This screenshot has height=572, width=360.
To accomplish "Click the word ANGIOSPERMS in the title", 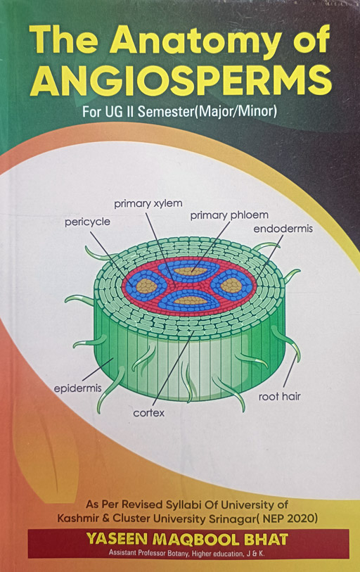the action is (x=181, y=81).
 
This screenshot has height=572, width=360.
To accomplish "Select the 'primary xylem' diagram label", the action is (x=148, y=203).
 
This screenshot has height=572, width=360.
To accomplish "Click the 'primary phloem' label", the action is (x=229, y=215).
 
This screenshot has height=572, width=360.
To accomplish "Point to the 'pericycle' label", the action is (x=87, y=222).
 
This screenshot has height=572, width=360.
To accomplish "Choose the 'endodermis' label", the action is (x=283, y=229).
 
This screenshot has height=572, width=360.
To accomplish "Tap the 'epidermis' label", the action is (x=77, y=388).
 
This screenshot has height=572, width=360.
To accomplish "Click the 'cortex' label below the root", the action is (x=149, y=413).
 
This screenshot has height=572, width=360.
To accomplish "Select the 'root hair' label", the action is (x=279, y=397).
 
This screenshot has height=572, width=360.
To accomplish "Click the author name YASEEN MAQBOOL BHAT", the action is (x=187, y=539).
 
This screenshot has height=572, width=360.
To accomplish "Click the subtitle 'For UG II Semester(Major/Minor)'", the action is (x=179, y=111).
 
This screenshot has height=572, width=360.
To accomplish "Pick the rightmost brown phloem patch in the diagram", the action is (x=231, y=285).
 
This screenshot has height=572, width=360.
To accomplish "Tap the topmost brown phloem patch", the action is (x=190, y=271).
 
